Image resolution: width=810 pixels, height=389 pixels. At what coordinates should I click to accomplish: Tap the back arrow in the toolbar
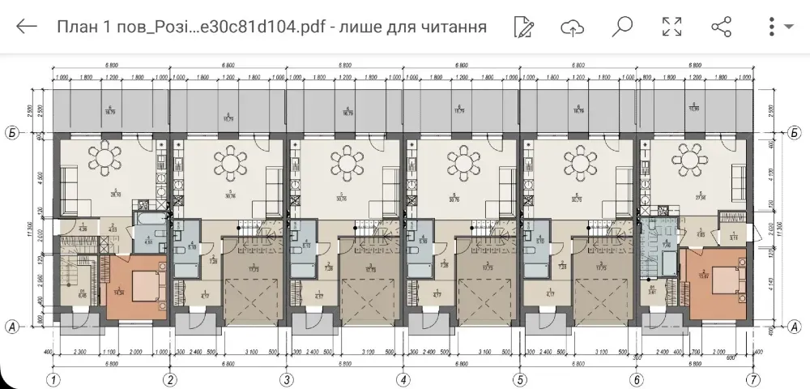pos(27,27)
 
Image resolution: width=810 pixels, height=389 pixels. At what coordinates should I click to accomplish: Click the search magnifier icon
pos(622,27)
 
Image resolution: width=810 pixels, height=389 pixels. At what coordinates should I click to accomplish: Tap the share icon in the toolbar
pos(721,27)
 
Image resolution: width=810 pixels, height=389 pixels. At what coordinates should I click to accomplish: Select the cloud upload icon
pos(573,27)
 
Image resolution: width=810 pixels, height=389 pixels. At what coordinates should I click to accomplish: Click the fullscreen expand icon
pos(671,27)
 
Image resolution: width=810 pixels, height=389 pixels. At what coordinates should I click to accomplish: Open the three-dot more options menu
pos(772,27)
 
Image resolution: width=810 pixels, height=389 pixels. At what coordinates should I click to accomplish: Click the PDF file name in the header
pos(271,27)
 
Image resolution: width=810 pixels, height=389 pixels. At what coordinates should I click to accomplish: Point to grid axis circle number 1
pos(53,379)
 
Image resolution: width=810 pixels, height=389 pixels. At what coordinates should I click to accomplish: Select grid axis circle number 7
pos(753,379)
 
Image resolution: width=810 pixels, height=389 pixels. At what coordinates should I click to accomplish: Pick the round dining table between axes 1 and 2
pos(108,161)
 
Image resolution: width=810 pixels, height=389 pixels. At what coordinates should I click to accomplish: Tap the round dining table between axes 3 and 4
pos(346,161)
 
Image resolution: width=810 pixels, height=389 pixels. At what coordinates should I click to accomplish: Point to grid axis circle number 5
pos(519,379)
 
